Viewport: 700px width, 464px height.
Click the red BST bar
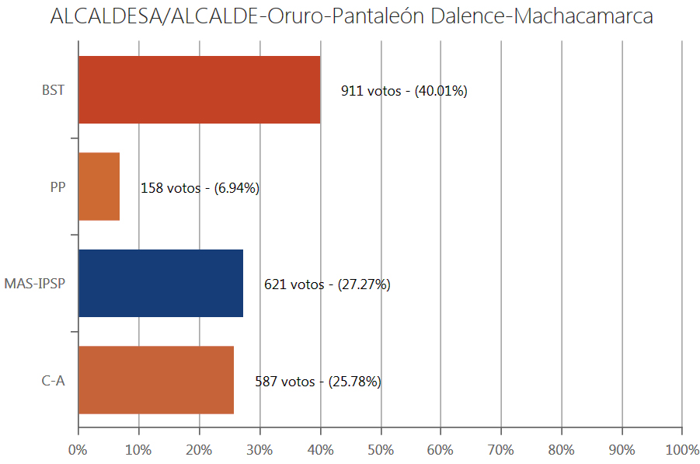(199, 90)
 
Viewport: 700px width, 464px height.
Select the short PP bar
(99, 187)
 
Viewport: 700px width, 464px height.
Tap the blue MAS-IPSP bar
(161, 284)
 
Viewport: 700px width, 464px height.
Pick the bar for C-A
(155, 380)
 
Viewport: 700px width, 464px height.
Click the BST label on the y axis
(53, 90)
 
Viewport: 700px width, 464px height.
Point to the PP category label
(57, 187)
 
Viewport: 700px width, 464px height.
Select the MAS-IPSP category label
(34, 284)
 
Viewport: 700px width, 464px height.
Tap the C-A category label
(53, 381)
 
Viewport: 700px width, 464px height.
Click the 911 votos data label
(404, 91)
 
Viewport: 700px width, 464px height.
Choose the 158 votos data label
(200, 188)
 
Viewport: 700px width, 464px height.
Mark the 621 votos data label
(327, 284)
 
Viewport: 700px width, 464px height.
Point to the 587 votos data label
(318, 382)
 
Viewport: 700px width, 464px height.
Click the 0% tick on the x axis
(78, 449)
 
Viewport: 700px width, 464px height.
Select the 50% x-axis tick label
(380, 449)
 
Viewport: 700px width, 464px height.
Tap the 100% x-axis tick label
(681, 449)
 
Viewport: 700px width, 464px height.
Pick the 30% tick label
(259, 449)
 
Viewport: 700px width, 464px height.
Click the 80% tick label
(561, 449)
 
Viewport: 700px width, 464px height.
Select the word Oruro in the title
(300, 17)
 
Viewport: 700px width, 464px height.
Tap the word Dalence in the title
(467, 17)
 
